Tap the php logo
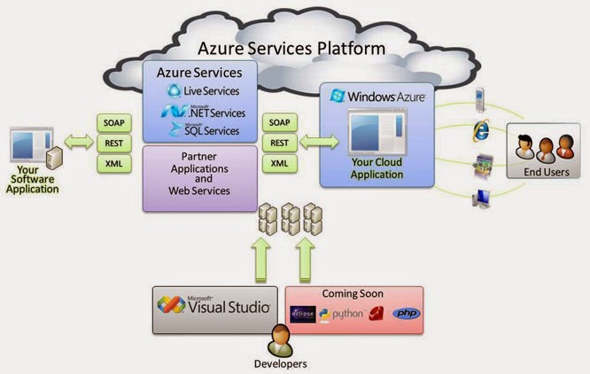(406, 314)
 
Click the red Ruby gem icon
(376, 315)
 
